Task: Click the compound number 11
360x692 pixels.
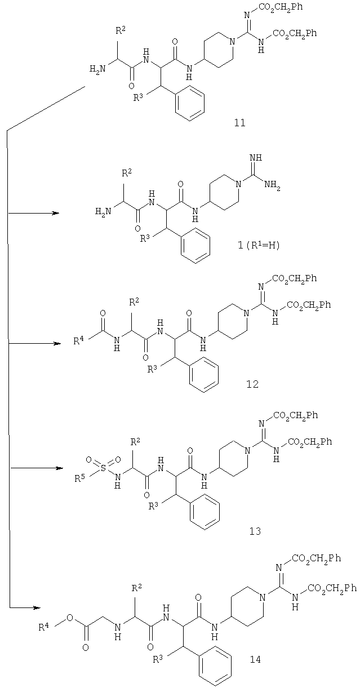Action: (x=239, y=122)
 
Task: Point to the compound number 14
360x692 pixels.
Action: (x=255, y=659)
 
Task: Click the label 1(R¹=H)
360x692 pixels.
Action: (x=259, y=246)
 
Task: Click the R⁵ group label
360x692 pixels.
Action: (x=79, y=478)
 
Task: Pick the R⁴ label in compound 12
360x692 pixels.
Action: (x=79, y=340)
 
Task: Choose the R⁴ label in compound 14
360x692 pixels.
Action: (x=43, y=627)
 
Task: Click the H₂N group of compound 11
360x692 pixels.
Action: (x=97, y=68)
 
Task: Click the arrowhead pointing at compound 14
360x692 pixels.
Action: (x=37, y=607)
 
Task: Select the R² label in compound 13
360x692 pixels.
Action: (x=136, y=443)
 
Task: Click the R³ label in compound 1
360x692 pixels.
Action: (x=145, y=238)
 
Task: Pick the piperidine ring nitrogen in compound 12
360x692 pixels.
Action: (x=246, y=313)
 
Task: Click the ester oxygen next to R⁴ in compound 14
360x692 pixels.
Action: (x=70, y=618)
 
